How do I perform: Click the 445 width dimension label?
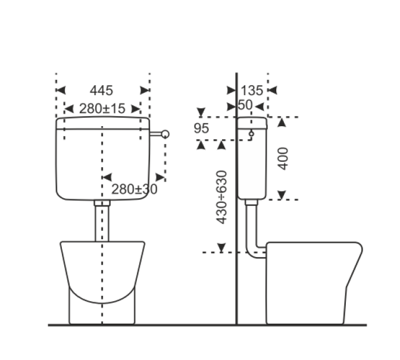click(101, 90)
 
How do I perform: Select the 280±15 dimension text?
click(102, 108)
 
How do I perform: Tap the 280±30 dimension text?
click(135, 189)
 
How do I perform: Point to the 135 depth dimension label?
click(252, 90)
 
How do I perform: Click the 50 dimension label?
click(245, 105)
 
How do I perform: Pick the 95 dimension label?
click(202, 129)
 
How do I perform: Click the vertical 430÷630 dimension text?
click(222, 197)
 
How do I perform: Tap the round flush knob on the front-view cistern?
click(165, 134)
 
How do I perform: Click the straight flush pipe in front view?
click(102, 223)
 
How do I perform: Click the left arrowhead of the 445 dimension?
click(60, 90)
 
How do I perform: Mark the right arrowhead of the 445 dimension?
click(145, 90)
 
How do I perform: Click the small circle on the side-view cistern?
click(251, 134)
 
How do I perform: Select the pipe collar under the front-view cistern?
click(102, 204)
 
